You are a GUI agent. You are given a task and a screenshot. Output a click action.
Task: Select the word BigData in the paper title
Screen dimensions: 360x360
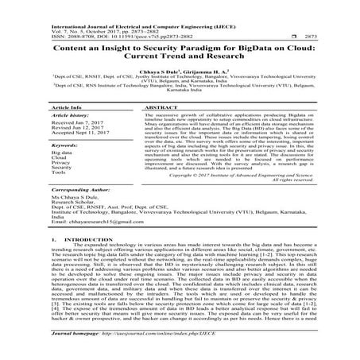coord(255,48)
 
